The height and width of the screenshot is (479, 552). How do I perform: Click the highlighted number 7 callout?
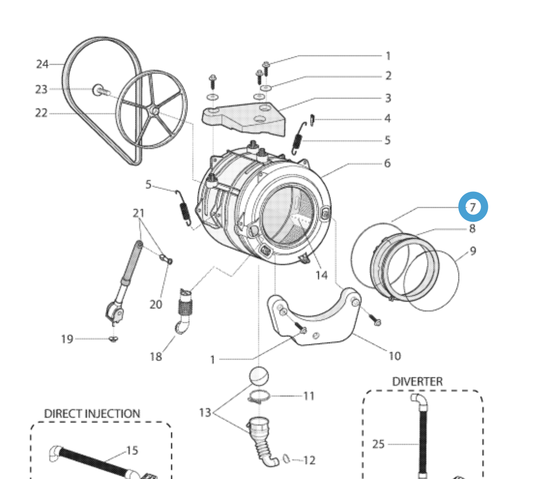tap(473, 207)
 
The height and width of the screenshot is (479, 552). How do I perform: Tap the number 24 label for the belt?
tap(42, 64)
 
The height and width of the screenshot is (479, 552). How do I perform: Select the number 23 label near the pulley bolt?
tap(41, 89)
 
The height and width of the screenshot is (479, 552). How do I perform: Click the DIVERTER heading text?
tap(417, 382)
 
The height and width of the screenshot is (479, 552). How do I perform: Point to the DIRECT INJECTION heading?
tap(92, 413)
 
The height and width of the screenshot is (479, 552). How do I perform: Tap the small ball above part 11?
tap(259, 376)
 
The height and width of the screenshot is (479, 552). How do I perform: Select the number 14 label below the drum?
tap(321, 275)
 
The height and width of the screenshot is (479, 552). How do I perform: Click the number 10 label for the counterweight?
tap(394, 356)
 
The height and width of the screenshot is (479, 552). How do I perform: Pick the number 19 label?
tap(67, 339)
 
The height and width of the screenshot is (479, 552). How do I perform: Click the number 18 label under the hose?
tap(156, 357)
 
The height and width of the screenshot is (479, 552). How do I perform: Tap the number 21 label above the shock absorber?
tap(139, 213)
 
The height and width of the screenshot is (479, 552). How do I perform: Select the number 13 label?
tap(205, 413)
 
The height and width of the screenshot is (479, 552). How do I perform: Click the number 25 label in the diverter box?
tap(379, 444)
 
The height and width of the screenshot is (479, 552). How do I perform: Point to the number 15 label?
tap(132, 451)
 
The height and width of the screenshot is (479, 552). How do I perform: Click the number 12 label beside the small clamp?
tap(309, 461)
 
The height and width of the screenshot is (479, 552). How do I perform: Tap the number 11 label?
tap(309, 396)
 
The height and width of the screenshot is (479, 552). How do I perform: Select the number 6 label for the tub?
tap(387, 163)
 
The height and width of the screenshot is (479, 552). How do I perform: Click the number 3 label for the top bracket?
tap(387, 98)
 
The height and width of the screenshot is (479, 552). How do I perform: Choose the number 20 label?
tap(156, 305)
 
